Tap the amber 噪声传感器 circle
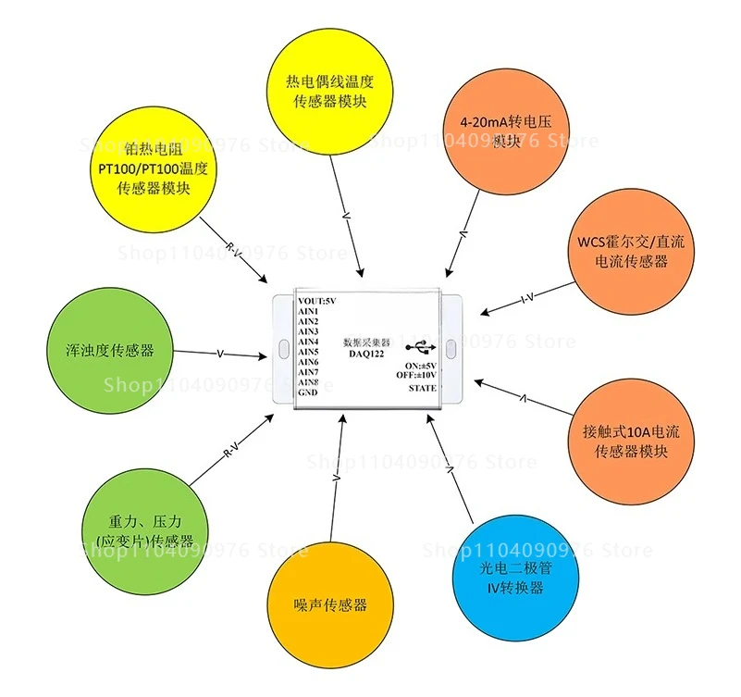click(329, 604)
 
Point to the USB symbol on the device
click(421, 348)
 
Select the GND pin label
click(307, 392)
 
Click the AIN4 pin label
click(308, 342)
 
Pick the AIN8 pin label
click(308, 382)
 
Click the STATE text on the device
click(422, 389)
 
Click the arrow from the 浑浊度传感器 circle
click(220, 354)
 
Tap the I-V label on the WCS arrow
click(528, 299)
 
